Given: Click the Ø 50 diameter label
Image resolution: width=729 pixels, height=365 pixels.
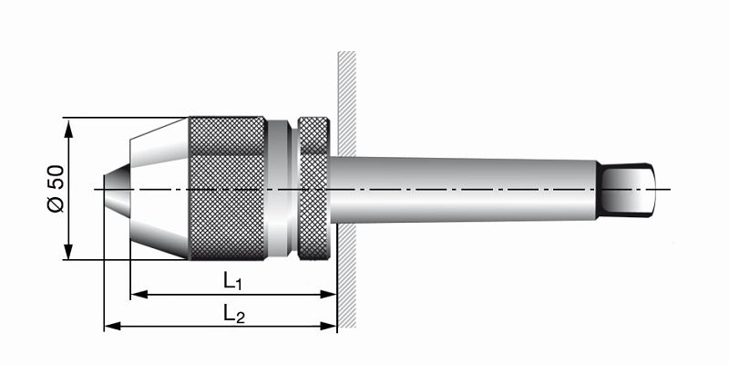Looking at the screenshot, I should pos(54,188).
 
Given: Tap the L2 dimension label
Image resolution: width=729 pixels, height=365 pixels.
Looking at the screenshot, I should pos(234,314).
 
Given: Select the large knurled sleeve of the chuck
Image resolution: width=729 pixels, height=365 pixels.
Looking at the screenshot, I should pos(228,188).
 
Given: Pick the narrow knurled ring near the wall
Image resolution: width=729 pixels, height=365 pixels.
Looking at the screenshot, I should pos(313,188).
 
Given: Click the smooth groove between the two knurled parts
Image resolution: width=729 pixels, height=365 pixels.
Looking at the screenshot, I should pos(283,188).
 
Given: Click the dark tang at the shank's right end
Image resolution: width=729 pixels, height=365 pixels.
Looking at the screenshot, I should pos(629,188).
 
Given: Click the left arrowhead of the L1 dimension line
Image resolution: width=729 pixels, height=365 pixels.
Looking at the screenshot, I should pos(138,295).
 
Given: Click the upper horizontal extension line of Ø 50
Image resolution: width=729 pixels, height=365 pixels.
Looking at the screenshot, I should pos(128,118).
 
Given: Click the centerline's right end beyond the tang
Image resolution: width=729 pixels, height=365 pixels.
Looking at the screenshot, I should pos(666,189).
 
